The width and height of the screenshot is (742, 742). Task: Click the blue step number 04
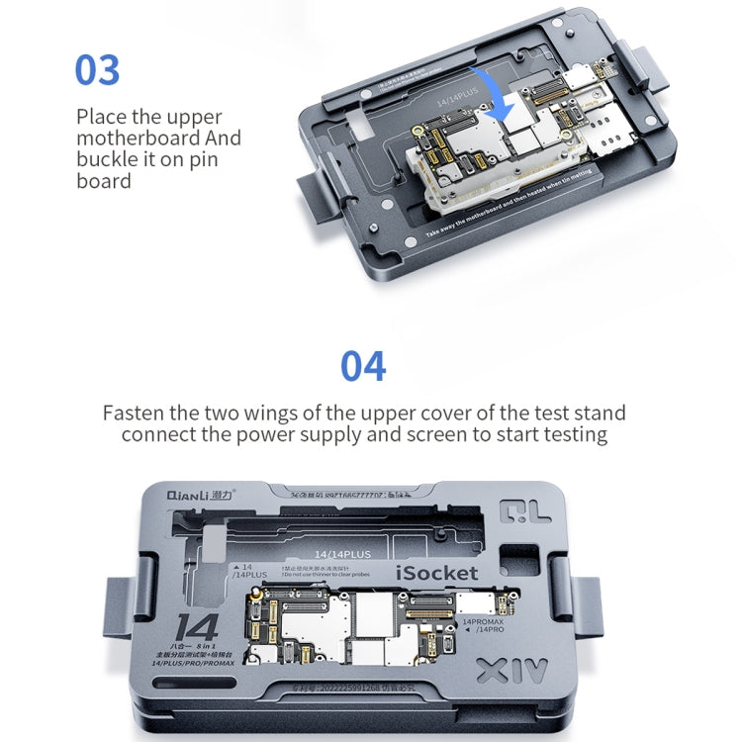tap(363, 366)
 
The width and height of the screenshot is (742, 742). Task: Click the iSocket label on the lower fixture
tap(437, 573)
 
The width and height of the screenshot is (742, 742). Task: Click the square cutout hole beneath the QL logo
tap(516, 563)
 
